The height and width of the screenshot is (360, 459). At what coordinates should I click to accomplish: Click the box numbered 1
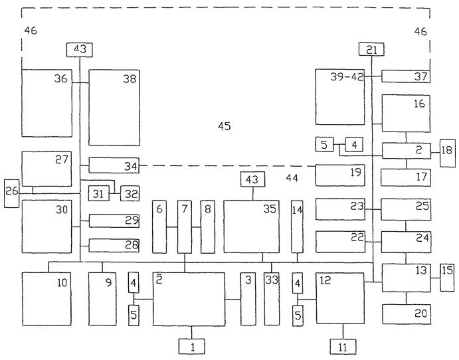pos(192,347)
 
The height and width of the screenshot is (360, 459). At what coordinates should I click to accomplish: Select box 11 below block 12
pos(343,347)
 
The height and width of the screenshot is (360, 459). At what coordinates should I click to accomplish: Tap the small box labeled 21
pos(371,49)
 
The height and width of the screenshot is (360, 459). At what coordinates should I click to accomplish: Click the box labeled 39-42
pos(340,97)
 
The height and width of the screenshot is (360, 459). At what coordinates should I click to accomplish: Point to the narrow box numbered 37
pos(406,76)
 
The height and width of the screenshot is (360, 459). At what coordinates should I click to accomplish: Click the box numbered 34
pos(114,165)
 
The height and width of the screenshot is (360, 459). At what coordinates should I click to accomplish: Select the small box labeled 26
pos(11,194)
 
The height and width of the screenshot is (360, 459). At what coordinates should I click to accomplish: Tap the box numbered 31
pos(99,193)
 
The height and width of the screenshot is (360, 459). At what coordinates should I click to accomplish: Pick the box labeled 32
pos(130,193)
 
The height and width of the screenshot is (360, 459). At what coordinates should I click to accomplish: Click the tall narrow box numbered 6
pos(159,227)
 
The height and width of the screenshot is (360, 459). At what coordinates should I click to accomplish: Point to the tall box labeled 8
pos(207,227)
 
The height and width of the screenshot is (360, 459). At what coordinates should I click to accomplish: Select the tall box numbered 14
pos(297,227)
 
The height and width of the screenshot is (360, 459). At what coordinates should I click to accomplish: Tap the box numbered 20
pos(407,314)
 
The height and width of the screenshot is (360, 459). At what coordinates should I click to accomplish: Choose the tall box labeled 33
pos(272,299)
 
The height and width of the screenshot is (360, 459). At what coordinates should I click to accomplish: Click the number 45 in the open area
pos(225,126)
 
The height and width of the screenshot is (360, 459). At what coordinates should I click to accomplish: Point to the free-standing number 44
pos(292,177)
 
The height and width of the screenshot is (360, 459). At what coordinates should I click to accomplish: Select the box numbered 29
pos(114,221)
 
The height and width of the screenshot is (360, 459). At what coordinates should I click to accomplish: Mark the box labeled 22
pos(340,242)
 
